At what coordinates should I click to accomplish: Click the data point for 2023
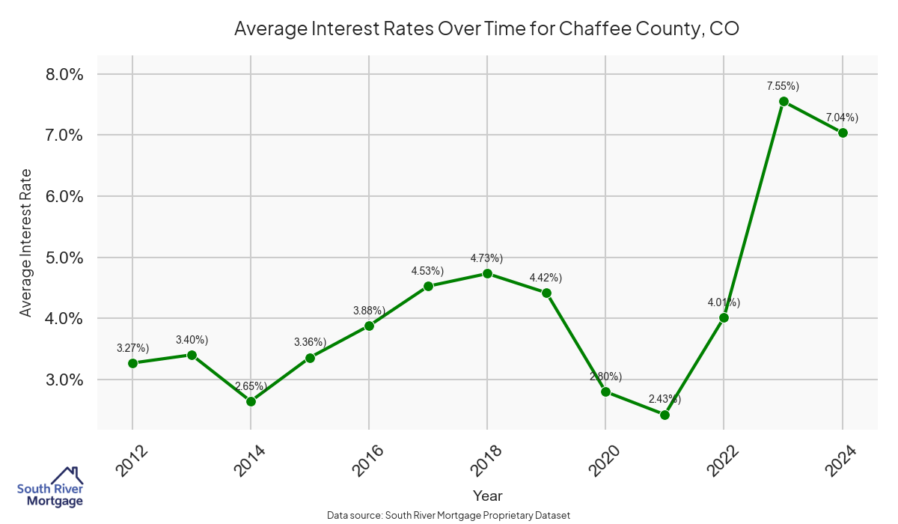click(x=784, y=101)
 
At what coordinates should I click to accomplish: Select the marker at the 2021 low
click(x=665, y=415)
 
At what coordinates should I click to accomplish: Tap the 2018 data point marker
click(x=487, y=273)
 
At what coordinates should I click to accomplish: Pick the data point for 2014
click(x=251, y=401)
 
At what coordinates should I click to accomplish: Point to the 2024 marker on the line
click(x=843, y=132)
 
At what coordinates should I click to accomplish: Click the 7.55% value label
click(x=783, y=86)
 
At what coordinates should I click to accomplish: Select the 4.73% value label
click(x=486, y=258)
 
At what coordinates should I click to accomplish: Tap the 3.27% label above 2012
click(x=132, y=348)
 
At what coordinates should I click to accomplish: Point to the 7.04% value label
click(x=842, y=118)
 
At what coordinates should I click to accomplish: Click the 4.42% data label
click(x=546, y=278)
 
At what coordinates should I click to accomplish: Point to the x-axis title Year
click(x=488, y=496)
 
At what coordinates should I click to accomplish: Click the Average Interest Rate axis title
click(x=26, y=242)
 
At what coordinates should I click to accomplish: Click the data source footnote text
click(x=449, y=516)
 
